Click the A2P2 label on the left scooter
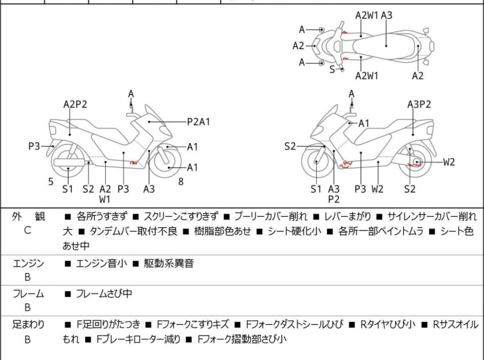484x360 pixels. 75,104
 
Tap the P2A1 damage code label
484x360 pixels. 199,121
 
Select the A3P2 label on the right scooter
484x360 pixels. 419,104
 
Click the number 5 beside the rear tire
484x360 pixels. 51,182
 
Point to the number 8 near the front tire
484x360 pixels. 181,182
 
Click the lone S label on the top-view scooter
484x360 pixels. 332,69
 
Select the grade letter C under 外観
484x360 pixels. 27,230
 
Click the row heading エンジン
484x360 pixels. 28,262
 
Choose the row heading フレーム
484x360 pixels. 28,294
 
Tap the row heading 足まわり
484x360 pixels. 28,325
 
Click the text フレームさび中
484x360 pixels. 104,294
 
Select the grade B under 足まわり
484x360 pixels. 27,339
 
